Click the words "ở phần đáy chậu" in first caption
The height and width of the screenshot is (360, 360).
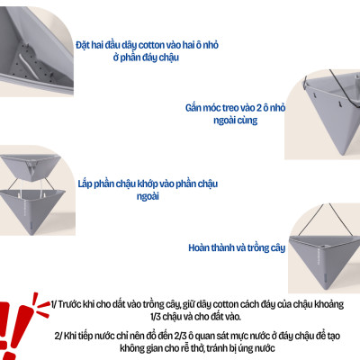coord(142,58)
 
